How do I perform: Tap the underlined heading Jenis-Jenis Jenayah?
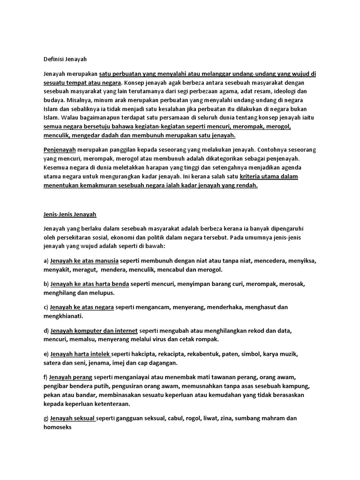(x=67, y=214)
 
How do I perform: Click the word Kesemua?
(x=55, y=167)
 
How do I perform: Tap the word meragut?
(x=83, y=270)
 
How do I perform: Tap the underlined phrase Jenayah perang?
(x=71, y=377)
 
